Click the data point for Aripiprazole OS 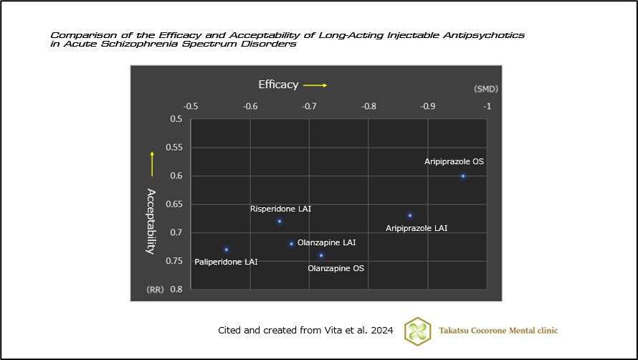pos(463,176)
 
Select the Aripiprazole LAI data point pos(410,215)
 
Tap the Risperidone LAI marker pos(280,221)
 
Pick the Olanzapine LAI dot pos(291,244)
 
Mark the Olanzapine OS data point pos(321,255)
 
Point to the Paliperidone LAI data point pos(227,250)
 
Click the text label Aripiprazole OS pos(454,162)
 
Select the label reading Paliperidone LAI pos(226,262)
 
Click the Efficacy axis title pos(278,85)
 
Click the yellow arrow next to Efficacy pos(315,85)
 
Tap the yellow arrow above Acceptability pos(151,164)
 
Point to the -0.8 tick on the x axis pos(368,107)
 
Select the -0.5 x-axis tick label pos(191,107)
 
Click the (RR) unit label pos(156,290)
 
